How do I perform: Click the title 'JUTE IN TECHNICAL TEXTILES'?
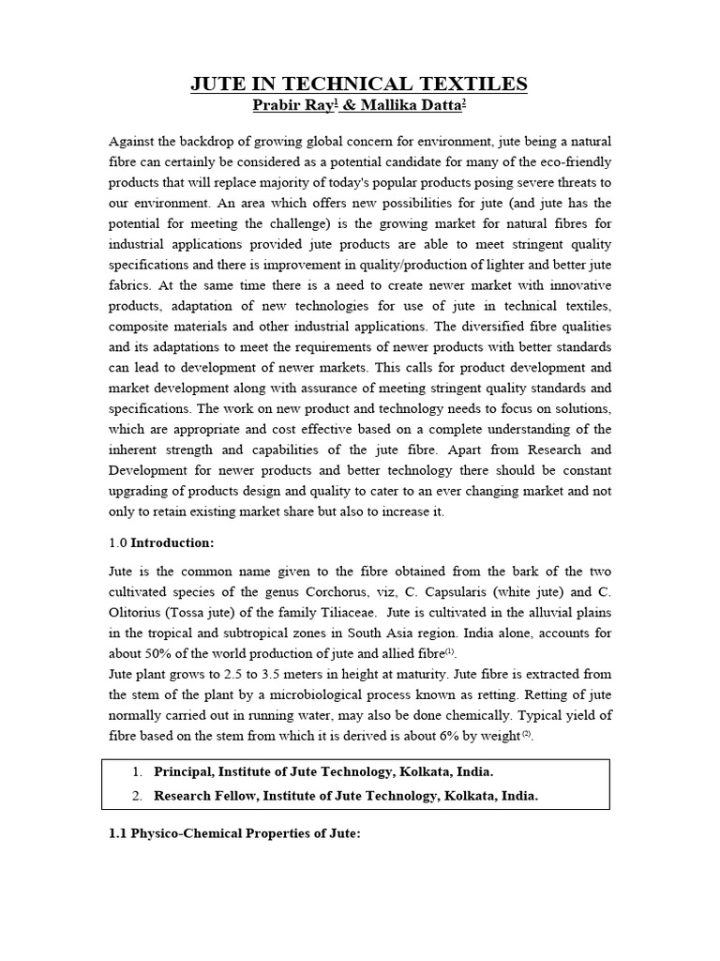coord(359,84)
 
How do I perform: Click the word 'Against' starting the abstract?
coord(135,141)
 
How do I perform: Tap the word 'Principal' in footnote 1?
coord(189,771)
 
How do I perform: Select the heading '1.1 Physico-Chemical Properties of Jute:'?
coord(235,834)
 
